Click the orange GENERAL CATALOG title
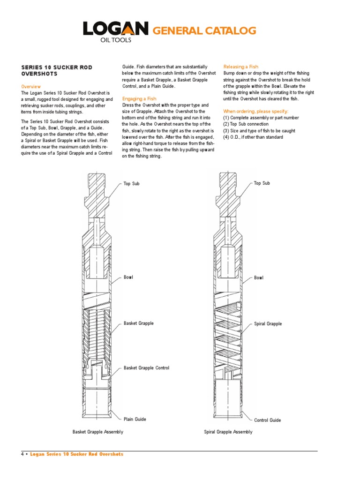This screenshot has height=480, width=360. pyautogui.click(x=205, y=31)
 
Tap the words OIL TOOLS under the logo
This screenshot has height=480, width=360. pyautogui.click(x=116, y=40)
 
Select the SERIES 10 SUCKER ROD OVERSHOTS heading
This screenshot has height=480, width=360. pyautogui.click(x=57, y=70)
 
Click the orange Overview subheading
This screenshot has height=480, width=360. pyautogui.click(x=31, y=87)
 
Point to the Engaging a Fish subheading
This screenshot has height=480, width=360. pyautogui.click(x=139, y=99)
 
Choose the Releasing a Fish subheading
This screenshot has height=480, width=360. pyautogui.click(x=240, y=67)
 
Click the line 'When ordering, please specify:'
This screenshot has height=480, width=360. pyautogui.click(x=256, y=111)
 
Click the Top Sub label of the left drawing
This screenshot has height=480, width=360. pyautogui.click(x=132, y=183)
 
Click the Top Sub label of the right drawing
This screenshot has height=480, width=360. pyautogui.click(x=262, y=183)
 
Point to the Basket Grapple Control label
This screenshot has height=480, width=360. pyautogui.click(x=146, y=368)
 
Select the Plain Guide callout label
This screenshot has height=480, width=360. pyautogui.click(x=135, y=419)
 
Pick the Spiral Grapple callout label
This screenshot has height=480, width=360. pyautogui.click(x=268, y=324)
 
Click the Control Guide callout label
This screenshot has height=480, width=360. pyautogui.click(x=267, y=420)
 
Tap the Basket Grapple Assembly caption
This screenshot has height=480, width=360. pyautogui.click(x=98, y=432)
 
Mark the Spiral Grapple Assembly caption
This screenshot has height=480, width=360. pyautogui.click(x=228, y=432)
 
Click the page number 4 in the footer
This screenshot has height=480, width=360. pyautogui.click(x=22, y=454)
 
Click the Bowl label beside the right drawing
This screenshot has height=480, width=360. pyautogui.click(x=259, y=277)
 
